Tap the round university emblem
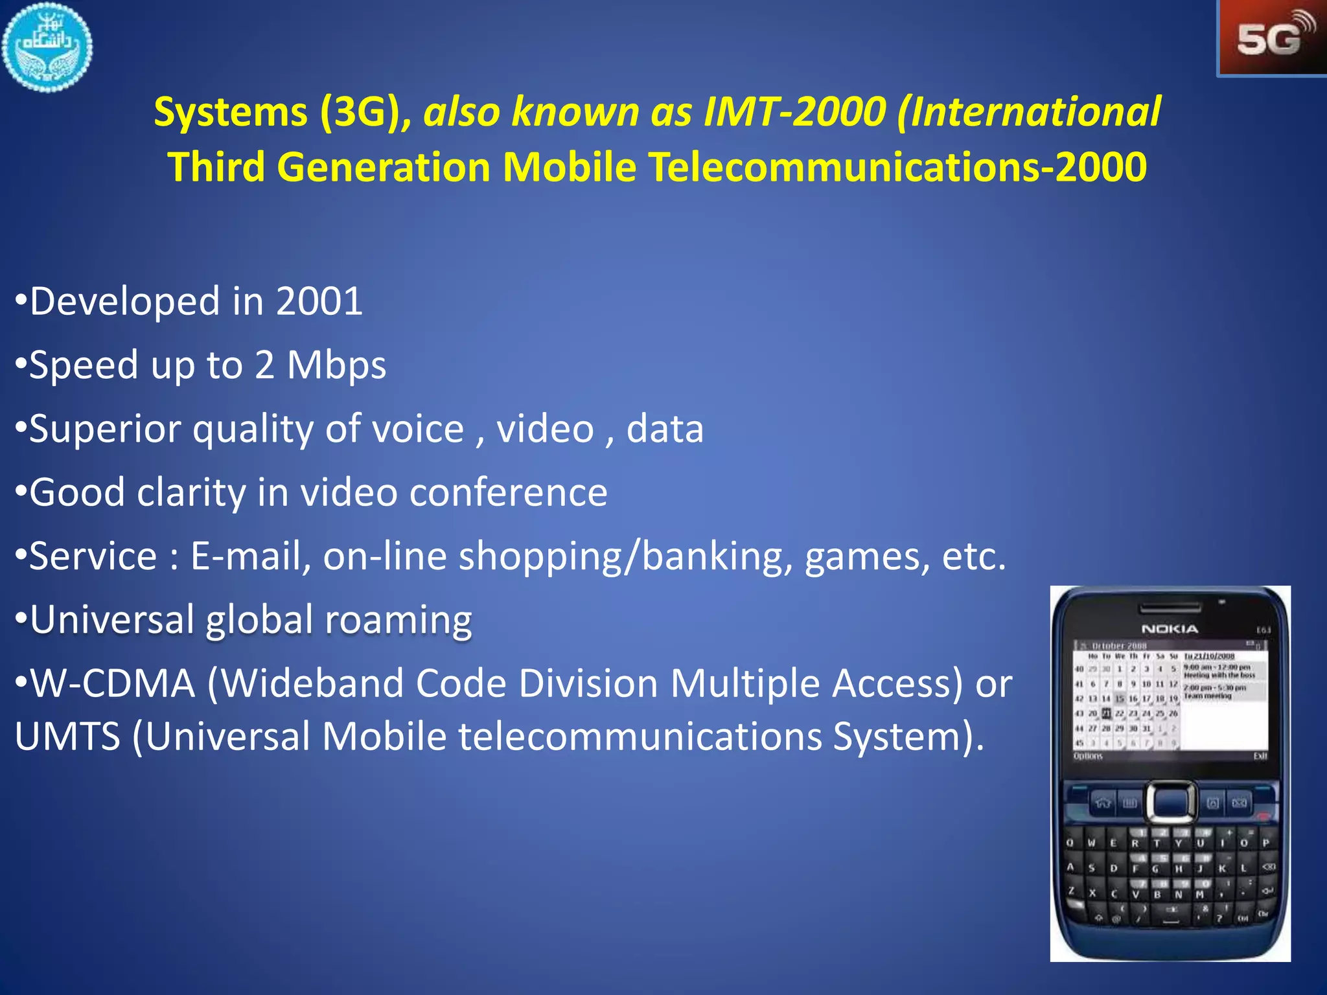pos(47,47)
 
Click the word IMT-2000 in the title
pos(794,111)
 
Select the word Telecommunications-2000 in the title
pos(897,167)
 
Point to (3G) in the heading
pos(360,112)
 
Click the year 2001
pos(319,302)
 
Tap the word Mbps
pos(336,365)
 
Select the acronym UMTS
pos(67,737)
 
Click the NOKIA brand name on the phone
pos(1170,629)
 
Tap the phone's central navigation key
pos(1171,802)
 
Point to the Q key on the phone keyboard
pos(1070,843)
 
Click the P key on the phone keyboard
pos(1265,843)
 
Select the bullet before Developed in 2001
pos(21,302)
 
